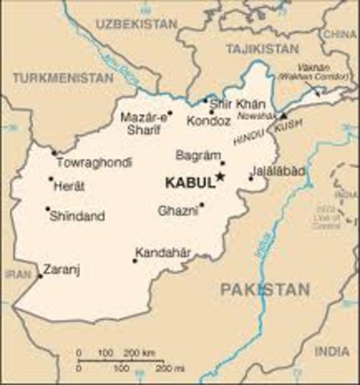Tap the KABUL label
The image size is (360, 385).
[189, 183]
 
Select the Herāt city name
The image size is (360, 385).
[70, 186]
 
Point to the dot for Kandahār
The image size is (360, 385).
[135, 261]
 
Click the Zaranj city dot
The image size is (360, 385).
[40, 276]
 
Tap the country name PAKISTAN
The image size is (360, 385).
[265, 290]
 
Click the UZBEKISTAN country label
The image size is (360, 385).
[136, 25]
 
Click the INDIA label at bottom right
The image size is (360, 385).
[332, 351]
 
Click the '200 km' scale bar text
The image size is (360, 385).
[143, 353]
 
